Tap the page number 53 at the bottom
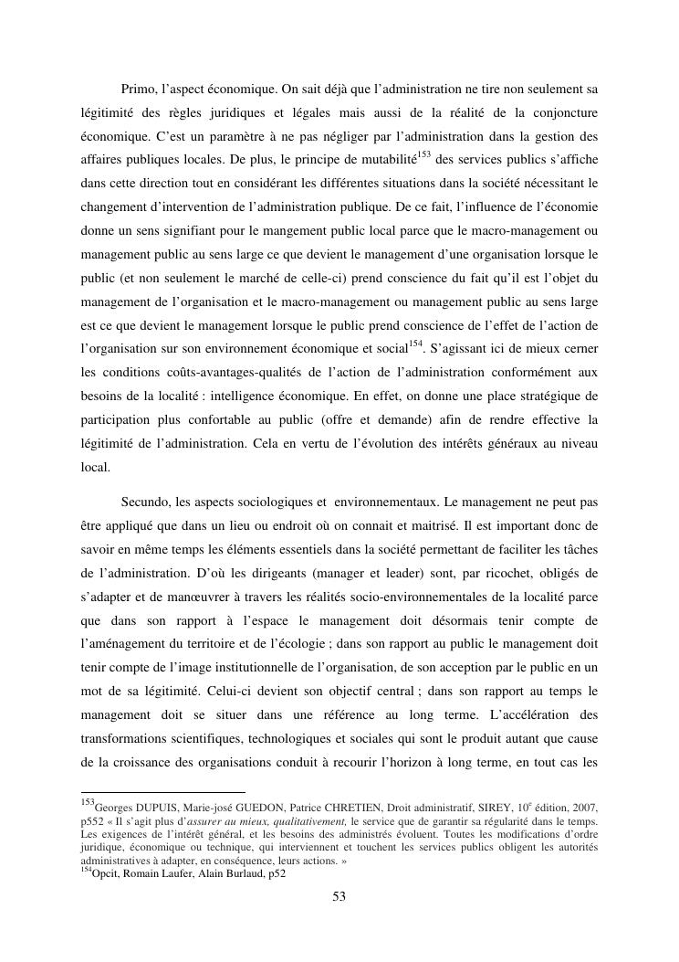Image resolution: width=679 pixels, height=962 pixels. tap(339, 896)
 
